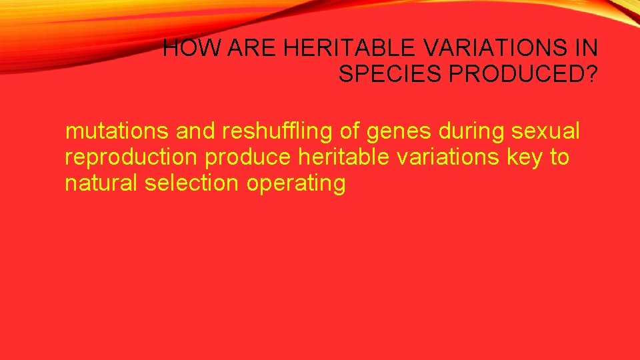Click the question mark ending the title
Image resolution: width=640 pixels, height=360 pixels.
[x=591, y=74]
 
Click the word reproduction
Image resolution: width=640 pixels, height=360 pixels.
[x=131, y=158]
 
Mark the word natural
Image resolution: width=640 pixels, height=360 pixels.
[x=101, y=183]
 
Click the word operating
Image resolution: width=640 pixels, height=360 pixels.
[x=296, y=183]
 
